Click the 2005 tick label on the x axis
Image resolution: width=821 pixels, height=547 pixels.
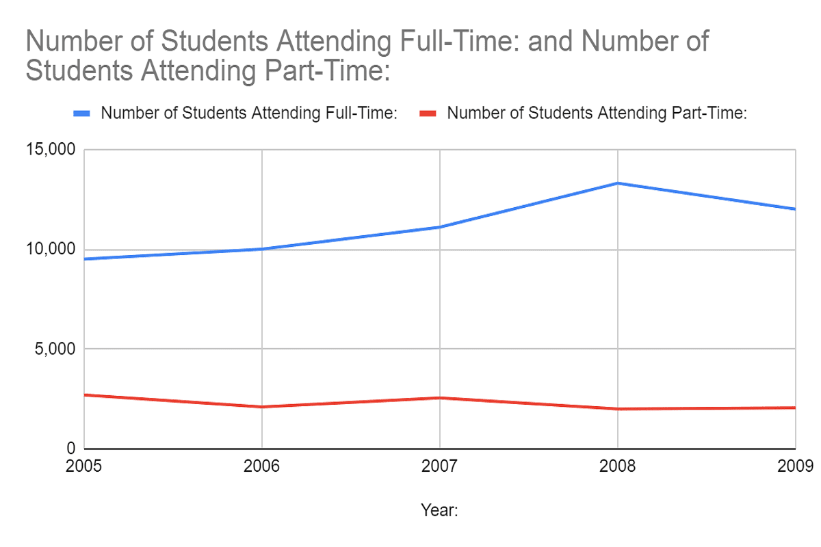point(83,466)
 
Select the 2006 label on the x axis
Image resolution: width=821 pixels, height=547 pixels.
point(261,466)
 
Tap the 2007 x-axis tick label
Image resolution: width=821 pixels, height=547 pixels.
point(439,466)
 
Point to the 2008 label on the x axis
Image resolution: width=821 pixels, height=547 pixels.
point(617,466)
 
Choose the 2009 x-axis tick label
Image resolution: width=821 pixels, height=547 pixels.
point(796,466)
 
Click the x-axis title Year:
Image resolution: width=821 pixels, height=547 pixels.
point(439,510)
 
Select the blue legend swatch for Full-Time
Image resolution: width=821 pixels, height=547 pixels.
point(83,114)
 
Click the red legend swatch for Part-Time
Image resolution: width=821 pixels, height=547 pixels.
point(429,114)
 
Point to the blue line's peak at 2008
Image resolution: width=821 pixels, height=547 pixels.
point(618,183)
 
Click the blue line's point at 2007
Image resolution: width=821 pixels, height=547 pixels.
point(439,227)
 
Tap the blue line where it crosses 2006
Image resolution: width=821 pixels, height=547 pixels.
point(261,249)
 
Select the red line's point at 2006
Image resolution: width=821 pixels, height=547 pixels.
point(261,407)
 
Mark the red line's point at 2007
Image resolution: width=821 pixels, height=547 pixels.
point(439,398)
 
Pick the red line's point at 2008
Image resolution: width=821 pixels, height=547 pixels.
point(618,409)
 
